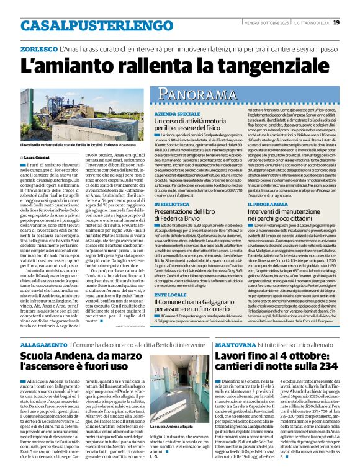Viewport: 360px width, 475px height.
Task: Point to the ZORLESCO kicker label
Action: (38, 48)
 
